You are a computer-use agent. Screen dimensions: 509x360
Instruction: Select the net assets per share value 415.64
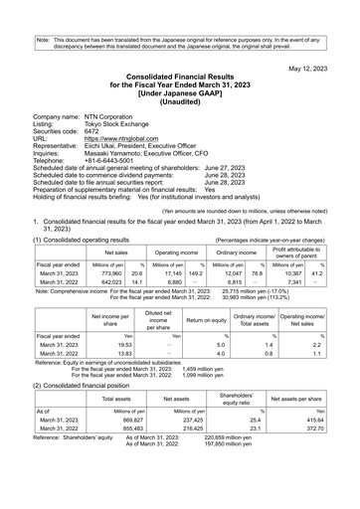pyautogui.click(x=317, y=446)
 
